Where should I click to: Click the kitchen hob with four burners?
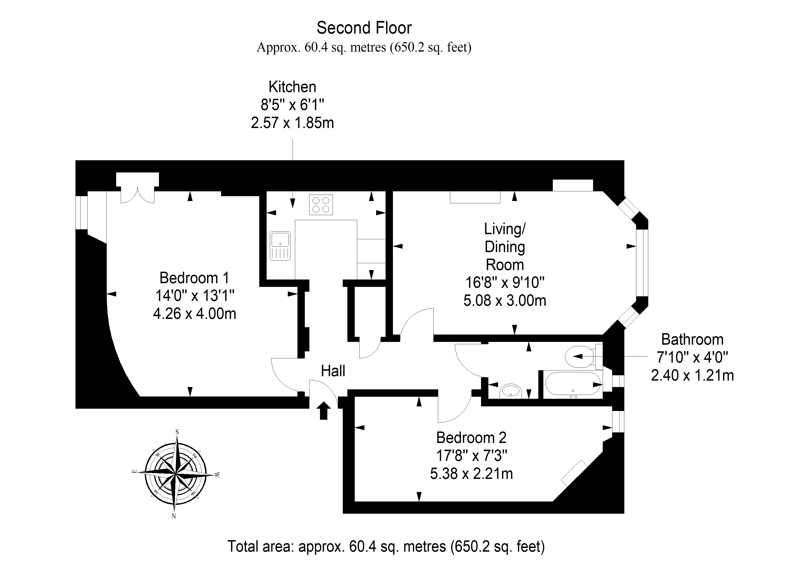tap(321, 205)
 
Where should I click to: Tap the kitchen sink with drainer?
tap(280, 246)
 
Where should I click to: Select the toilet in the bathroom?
tap(583, 356)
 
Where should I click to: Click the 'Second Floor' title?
tap(364, 28)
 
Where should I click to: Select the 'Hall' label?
tap(333, 371)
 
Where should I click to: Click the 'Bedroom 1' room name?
tap(194, 278)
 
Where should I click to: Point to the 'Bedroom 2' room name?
tap(471, 438)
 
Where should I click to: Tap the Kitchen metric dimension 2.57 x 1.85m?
tap(292, 123)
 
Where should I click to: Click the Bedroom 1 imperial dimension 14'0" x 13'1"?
tap(195, 296)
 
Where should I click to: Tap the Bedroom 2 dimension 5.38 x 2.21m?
tap(471, 474)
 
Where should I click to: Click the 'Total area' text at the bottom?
tap(386, 546)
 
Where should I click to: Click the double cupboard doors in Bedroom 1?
tap(137, 195)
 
